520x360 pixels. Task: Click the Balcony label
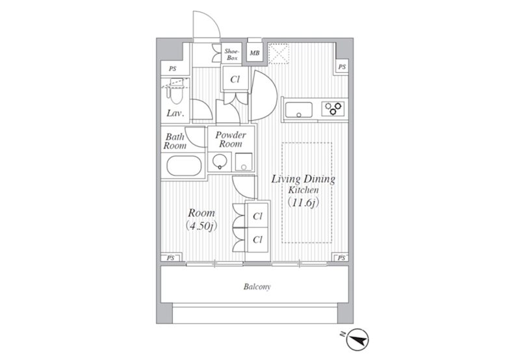pyautogui.click(x=257, y=287)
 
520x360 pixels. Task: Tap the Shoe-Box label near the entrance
pyautogui.click(x=232, y=55)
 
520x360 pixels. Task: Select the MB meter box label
pyautogui.click(x=255, y=53)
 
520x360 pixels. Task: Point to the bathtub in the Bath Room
pyautogui.click(x=184, y=166)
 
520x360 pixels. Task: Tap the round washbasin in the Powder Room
pyautogui.click(x=220, y=162)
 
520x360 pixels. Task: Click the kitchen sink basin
pyautogui.click(x=299, y=109)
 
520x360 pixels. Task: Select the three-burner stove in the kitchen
pyautogui.click(x=333, y=109)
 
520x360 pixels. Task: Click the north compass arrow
pyautogui.click(x=357, y=339)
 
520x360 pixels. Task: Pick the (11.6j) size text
pyautogui.click(x=304, y=202)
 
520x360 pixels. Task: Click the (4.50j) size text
pyautogui.click(x=201, y=225)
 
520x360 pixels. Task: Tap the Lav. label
pyautogui.click(x=175, y=113)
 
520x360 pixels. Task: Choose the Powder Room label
pyautogui.click(x=231, y=140)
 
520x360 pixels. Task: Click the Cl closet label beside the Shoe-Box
pyautogui.click(x=235, y=79)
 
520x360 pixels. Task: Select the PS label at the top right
pyautogui.click(x=342, y=67)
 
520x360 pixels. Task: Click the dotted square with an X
pyautogui.click(x=279, y=53)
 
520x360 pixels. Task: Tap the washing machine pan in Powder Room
pyautogui.click(x=244, y=162)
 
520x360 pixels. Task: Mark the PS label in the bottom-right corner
pyautogui.click(x=341, y=257)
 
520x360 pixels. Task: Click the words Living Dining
pyautogui.click(x=304, y=179)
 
